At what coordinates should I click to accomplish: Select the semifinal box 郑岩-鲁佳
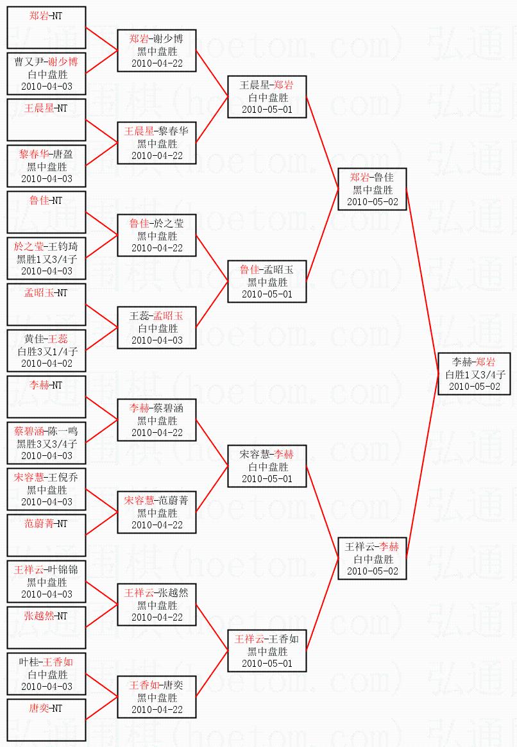coord(372,189)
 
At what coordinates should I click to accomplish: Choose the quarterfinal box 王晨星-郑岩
coord(267,97)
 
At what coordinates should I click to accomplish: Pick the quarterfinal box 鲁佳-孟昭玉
coord(267,281)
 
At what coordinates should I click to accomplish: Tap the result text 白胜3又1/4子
coord(47,351)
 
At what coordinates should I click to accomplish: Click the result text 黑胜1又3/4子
coord(47,259)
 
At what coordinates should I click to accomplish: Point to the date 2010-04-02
coord(47,364)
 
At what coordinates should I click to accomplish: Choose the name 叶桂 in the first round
coord(28,662)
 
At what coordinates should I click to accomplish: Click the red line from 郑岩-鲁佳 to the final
coord(422,282)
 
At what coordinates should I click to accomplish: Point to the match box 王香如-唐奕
coord(157,697)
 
